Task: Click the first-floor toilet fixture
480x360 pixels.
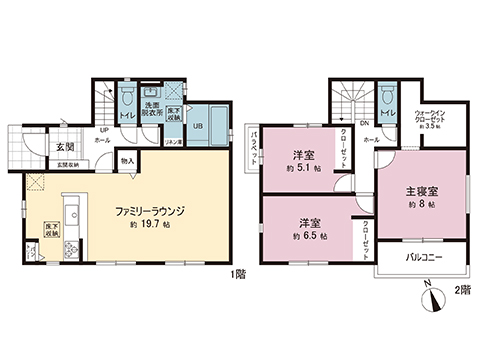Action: (129, 97)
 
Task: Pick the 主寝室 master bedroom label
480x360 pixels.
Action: (420, 189)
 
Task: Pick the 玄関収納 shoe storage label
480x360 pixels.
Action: (67, 165)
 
